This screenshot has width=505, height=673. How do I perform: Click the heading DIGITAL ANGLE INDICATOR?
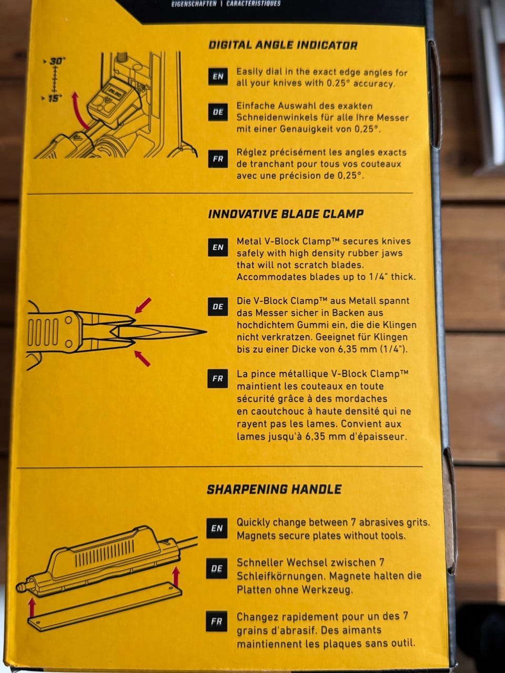click(x=283, y=45)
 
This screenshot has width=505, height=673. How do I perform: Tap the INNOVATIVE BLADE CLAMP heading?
click(x=286, y=213)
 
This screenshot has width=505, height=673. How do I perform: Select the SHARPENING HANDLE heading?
click(x=274, y=490)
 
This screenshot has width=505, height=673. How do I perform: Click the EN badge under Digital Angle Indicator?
click(x=218, y=76)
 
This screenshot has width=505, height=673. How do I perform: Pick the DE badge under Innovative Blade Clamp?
click(x=218, y=307)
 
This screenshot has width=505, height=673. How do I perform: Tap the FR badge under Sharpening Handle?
click(x=217, y=621)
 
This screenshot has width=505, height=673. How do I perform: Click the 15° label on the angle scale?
click(x=55, y=99)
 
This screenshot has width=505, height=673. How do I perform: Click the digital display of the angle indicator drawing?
click(x=114, y=92)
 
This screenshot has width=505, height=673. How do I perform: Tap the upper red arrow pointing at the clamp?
click(x=143, y=305)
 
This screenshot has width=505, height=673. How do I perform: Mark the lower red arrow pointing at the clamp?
click(x=142, y=359)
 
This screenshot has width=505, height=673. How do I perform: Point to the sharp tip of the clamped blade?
click(x=207, y=332)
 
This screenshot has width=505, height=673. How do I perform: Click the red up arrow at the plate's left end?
click(x=32, y=608)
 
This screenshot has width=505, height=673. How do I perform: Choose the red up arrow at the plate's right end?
click(x=176, y=576)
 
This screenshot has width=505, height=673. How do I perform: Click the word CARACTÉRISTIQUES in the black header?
click(x=253, y=4)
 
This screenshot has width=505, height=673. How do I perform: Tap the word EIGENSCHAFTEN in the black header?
click(x=194, y=4)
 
